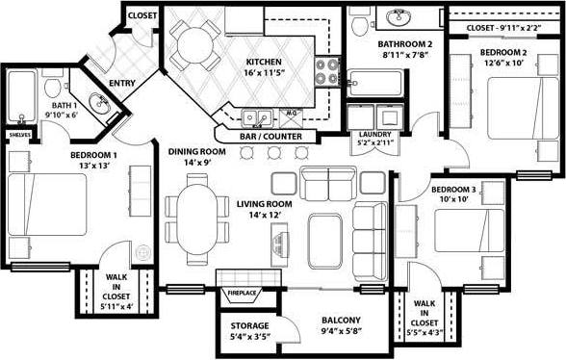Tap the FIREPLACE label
point(241,293)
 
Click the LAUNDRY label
point(372,135)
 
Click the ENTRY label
point(120,84)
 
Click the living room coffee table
point(324,233)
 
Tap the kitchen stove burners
point(328,70)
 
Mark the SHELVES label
point(17,135)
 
